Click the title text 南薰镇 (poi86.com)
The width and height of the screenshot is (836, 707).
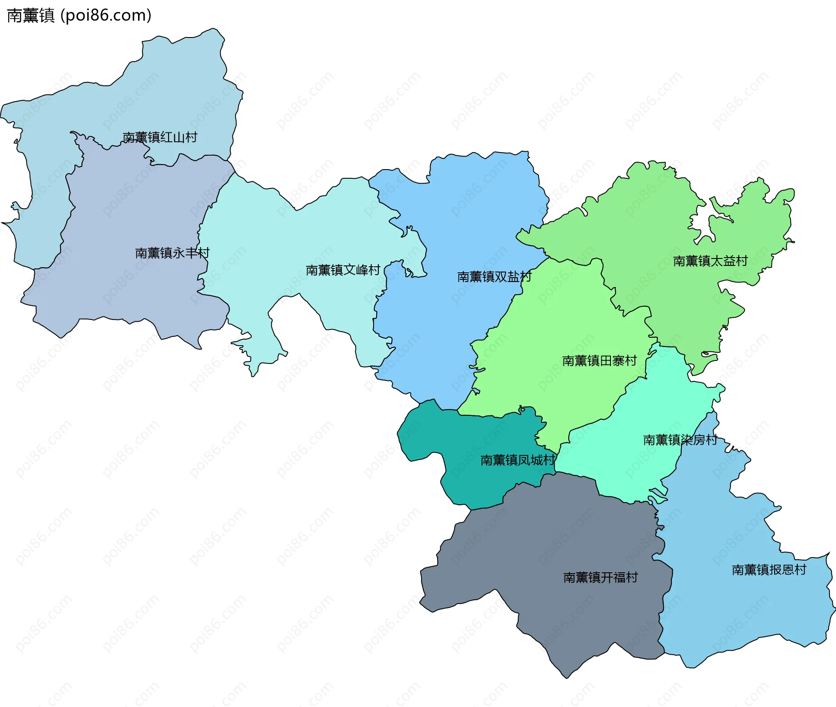pos(79,15)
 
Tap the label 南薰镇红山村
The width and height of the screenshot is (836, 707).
pos(160,137)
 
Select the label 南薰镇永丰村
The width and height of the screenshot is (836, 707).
pos(172,253)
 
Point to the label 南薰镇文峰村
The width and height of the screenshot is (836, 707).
pos(343,270)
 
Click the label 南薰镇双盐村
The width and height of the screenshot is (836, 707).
pos(494,277)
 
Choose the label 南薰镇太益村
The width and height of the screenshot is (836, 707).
pos(710,261)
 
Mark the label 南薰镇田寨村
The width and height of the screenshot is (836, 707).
pos(599,361)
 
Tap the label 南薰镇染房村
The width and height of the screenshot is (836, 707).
pos(680,440)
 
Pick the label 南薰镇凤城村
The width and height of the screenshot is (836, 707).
pos(517,460)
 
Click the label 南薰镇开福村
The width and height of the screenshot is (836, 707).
pos(600,578)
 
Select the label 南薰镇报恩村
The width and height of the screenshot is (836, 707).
pos(769,570)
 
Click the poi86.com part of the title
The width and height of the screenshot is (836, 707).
pos(106,15)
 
